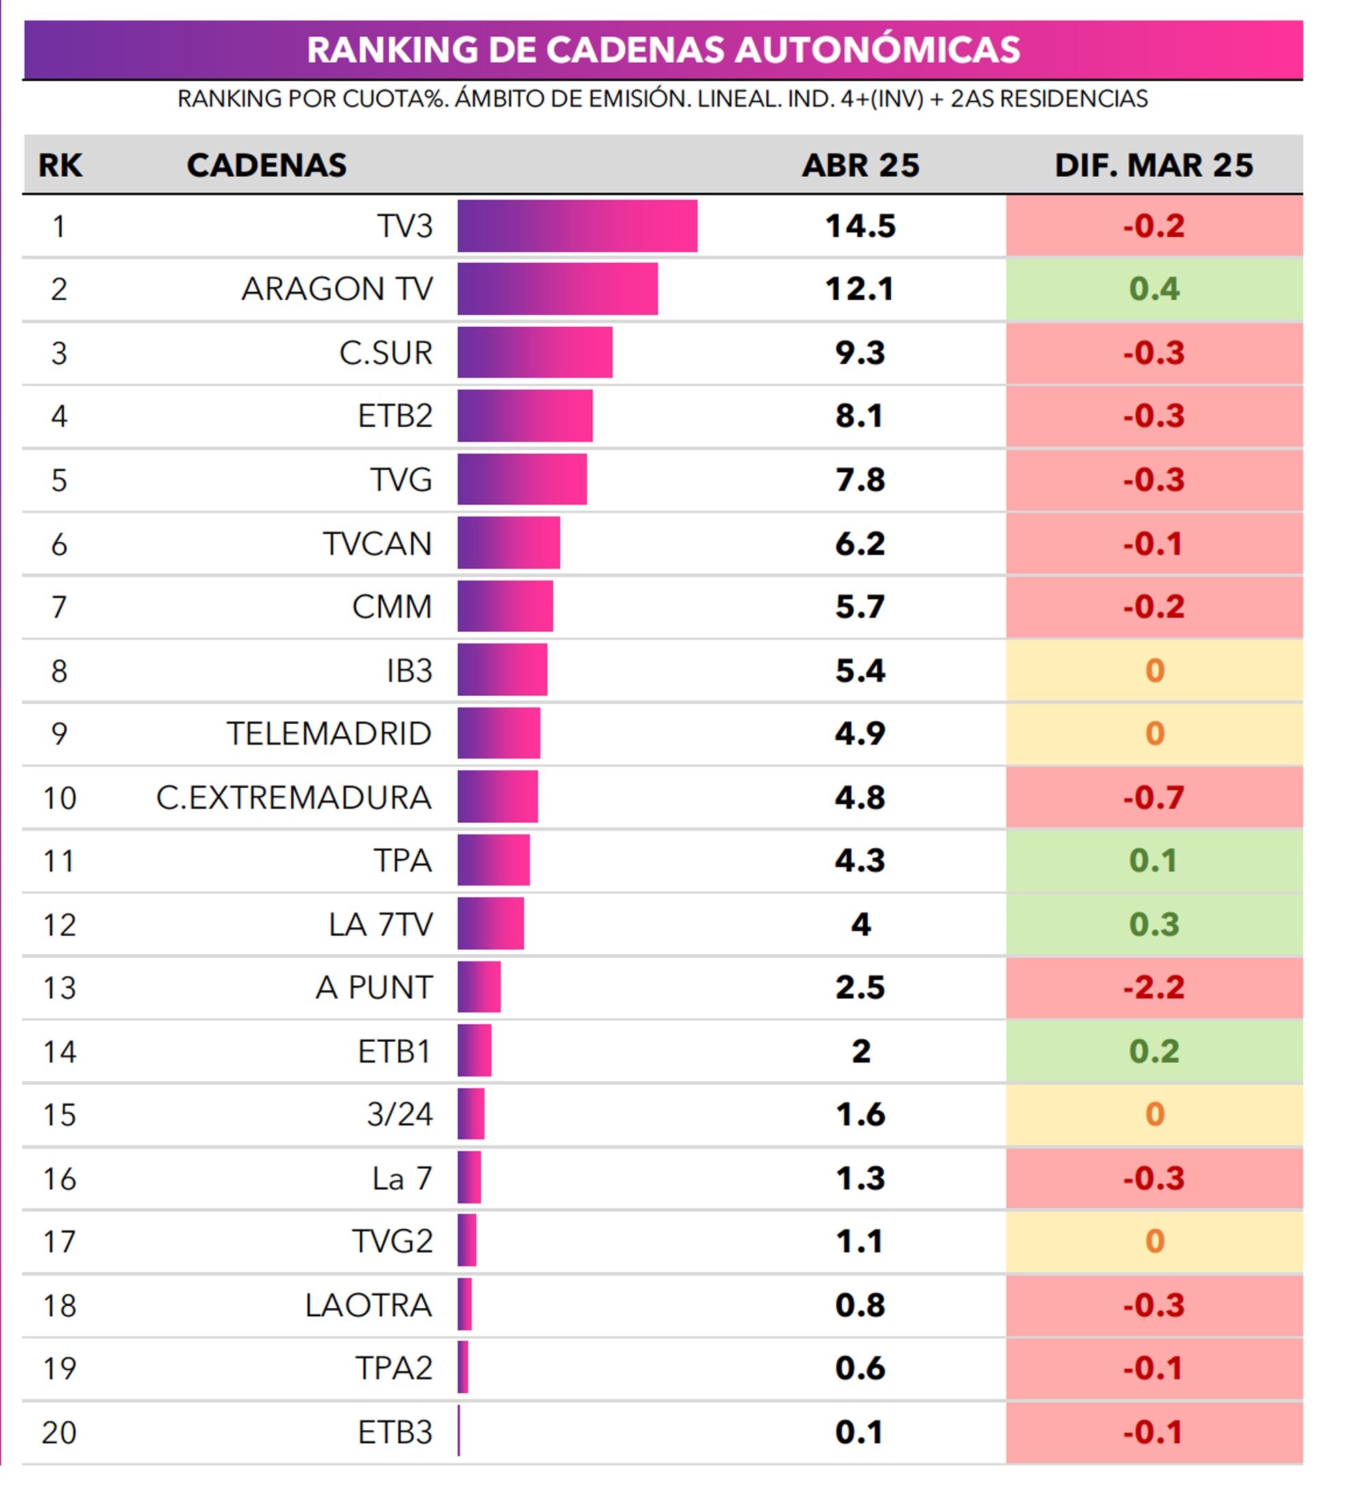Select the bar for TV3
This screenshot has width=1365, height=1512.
tap(577, 226)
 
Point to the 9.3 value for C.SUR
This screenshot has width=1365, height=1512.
tap(859, 352)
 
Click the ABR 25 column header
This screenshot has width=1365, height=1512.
tap(859, 165)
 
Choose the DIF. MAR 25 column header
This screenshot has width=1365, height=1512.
tap(1153, 165)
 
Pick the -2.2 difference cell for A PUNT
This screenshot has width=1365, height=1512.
tap(1153, 987)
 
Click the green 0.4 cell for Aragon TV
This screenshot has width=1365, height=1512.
tap(1153, 289)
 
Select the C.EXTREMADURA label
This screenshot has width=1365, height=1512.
tap(294, 798)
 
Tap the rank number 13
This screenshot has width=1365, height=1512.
tap(59, 988)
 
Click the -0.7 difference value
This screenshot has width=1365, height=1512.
tap(1153, 798)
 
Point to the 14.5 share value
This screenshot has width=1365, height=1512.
tap(859, 226)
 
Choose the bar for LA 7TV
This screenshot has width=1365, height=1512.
tap(491, 924)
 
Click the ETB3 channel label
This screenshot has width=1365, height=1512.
tap(394, 1433)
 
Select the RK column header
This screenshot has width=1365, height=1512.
tap(60, 165)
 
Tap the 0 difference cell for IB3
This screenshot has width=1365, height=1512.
tap(1153, 670)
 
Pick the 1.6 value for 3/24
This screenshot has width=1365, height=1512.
tap(859, 1115)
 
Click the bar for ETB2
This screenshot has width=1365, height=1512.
tap(525, 416)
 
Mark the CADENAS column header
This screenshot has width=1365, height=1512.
tap(266, 165)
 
